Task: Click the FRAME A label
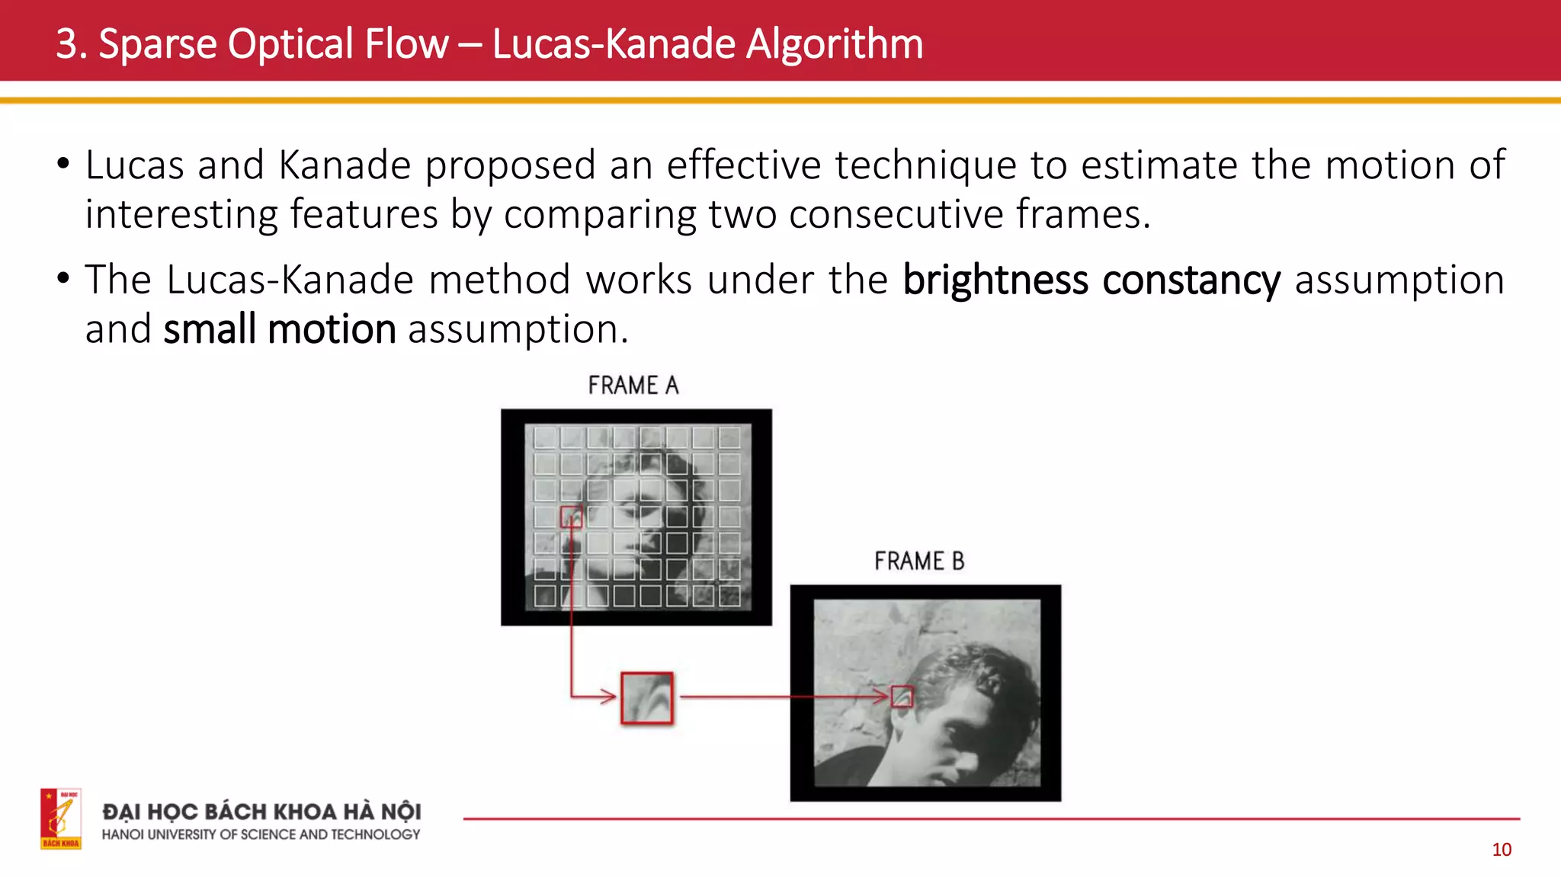[x=633, y=386]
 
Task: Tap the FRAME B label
[x=919, y=562]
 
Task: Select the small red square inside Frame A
[x=572, y=517]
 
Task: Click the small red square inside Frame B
[x=902, y=697]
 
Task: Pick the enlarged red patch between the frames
[x=646, y=697]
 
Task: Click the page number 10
[x=1502, y=850]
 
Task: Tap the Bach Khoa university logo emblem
[x=61, y=819]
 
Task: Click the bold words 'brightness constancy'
[x=1091, y=280]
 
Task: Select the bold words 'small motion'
[x=280, y=329]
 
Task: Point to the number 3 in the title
[x=66, y=43]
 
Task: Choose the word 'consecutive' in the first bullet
[x=896, y=214]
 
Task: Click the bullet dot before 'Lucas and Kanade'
[x=63, y=164]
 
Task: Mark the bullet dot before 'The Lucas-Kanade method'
[x=63, y=278]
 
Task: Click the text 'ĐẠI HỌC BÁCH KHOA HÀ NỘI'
[x=261, y=812]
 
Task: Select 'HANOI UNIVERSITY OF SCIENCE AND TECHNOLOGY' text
[x=261, y=835]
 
